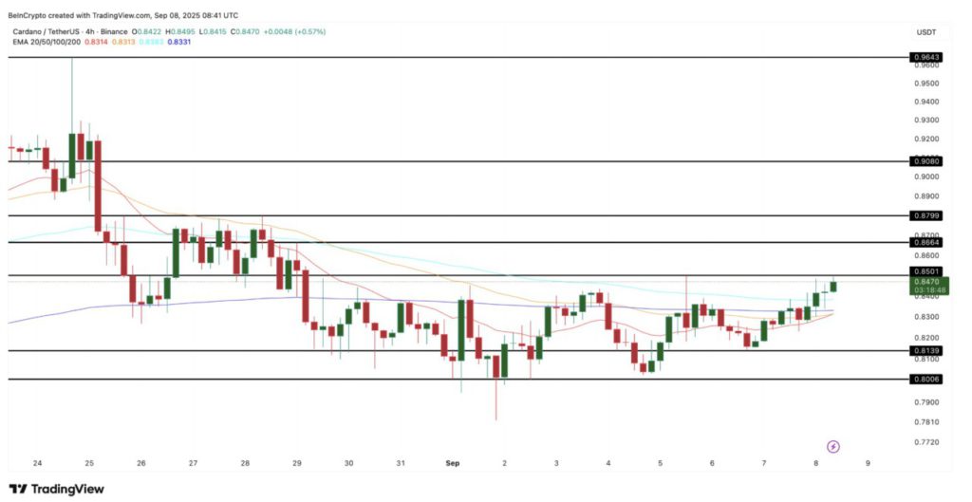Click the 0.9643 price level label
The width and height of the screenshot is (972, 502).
click(x=925, y=57)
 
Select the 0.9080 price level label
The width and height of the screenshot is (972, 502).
click(x=925, y=161)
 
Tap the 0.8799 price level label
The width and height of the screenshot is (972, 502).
click(x=925, y=215)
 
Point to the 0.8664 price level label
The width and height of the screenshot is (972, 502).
click(x=925, y=242)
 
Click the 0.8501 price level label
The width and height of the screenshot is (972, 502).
click(x=925, y=271)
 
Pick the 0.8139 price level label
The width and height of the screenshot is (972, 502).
click(x=925, y=351)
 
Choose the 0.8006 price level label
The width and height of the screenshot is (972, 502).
click(x=925, y=379)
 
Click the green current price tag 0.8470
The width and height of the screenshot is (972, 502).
click(x=926, y=281)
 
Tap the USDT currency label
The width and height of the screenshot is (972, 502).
click(x=926, y=31)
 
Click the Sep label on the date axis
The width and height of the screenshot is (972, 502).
click(x=454, y=463)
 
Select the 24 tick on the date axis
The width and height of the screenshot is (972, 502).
click(x=37, y=463)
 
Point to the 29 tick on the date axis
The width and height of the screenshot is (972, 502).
click(x=297, y=463)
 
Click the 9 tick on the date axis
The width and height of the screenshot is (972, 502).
click(x=868, y=463)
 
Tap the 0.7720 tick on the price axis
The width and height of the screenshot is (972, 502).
click(x=925, y=442)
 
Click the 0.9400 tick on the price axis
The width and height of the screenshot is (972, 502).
click(x=925, y=102)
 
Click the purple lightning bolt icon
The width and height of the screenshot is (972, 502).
click(x=833, y=446)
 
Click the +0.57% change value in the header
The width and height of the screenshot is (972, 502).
click(x=308, y=31)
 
